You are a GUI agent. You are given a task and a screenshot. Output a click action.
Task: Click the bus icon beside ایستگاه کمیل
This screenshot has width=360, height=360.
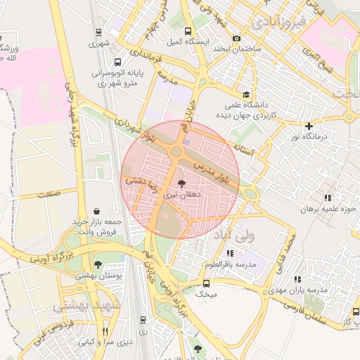tap(188, 32)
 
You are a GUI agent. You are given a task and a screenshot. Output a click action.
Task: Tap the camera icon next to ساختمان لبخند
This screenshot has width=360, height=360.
tap(236, 38)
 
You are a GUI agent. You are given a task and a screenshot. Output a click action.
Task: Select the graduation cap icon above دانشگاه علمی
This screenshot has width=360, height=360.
tap(245, 95)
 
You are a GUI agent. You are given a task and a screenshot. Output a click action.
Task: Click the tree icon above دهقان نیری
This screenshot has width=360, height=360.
tap(182, 182)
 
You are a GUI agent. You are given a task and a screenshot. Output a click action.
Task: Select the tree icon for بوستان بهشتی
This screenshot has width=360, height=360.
tap(98, 265)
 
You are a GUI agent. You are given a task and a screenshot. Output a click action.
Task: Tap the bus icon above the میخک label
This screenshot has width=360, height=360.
tap(205, 283)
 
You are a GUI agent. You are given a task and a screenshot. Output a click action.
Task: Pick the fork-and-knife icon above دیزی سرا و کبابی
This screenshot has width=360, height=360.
tap(105, 331)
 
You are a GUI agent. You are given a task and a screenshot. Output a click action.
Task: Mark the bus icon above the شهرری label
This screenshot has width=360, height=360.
tap(98, 32)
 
